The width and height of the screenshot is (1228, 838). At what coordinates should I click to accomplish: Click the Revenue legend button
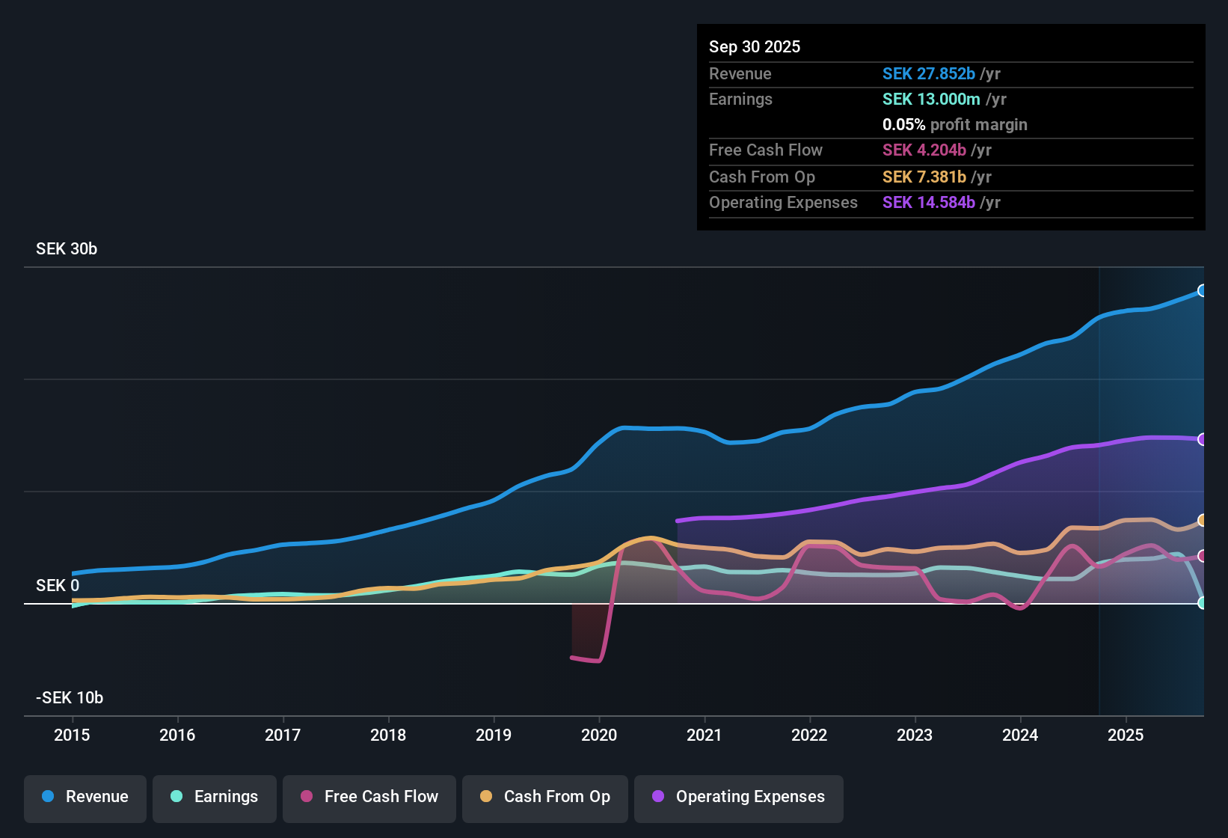[85, 797]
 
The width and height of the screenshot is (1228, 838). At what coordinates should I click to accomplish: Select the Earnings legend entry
[214, 797]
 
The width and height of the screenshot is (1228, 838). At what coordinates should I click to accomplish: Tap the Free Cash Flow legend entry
[369, 797]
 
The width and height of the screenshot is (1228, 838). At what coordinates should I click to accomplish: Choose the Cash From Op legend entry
[545, 797]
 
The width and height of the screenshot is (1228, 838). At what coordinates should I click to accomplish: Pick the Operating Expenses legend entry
[739, 797]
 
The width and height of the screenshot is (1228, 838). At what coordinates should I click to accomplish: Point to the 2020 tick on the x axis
[599, 735]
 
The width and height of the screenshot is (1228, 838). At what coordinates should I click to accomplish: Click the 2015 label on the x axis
[72, 735]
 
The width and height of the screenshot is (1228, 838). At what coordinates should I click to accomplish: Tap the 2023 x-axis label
[915, 735]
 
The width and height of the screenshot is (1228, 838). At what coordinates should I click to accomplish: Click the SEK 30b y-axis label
[67, 249]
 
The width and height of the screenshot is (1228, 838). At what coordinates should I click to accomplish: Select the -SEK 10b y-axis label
[70, 698]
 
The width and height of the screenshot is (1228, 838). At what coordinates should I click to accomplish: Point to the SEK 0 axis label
[58, 586]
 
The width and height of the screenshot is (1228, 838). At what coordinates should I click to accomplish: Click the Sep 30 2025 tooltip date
[755, 47]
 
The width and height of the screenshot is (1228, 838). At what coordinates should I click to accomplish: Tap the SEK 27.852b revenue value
[928, 74]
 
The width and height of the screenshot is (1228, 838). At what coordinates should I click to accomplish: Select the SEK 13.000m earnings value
[930, 100]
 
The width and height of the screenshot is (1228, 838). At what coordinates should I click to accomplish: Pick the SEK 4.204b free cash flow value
[924, 150]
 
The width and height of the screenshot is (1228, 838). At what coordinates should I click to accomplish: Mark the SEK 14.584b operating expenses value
[928, 203]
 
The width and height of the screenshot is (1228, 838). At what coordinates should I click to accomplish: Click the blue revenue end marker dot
[1202, 290]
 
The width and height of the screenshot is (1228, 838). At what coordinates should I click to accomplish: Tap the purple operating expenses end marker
[1202, 439]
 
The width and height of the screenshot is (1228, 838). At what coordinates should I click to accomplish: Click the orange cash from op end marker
[1202, 520]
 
